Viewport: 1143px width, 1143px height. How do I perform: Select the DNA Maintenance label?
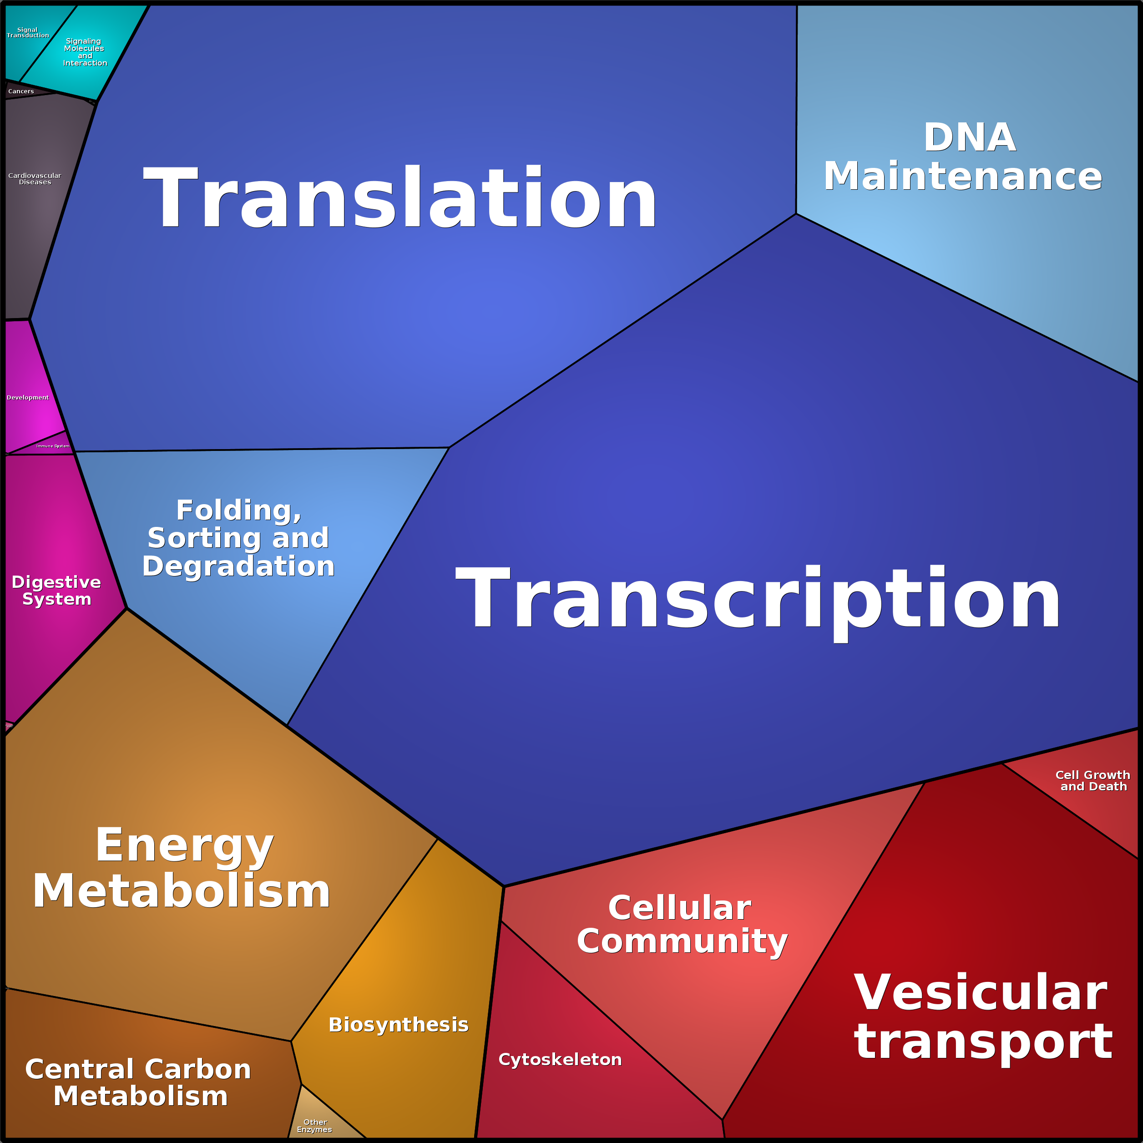tap(963, 157)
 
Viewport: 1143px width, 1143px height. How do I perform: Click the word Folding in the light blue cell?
tap(238, 511)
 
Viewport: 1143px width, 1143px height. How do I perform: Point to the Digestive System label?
tap(56, 591)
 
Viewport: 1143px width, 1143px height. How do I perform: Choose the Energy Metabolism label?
tap(182, 868)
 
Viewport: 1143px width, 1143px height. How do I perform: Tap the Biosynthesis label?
tap(398, 1025)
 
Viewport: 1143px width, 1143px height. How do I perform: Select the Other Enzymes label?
tap(315, 1125)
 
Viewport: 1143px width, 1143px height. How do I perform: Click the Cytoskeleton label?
tap(560, 1059)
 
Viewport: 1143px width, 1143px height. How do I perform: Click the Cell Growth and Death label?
tap(1092, 780)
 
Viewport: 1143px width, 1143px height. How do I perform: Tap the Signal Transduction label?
tap(27, 33)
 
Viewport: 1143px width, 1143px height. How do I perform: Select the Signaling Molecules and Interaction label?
tap(85, 52)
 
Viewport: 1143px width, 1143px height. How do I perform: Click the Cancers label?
tap(21, 91)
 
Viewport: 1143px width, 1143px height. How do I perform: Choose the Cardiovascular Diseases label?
tap(34, 179)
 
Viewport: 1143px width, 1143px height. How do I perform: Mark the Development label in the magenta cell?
tap(27, 398)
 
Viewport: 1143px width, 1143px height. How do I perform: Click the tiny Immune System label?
tap(53, 446)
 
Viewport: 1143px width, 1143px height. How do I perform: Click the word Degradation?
tap(238, 566)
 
